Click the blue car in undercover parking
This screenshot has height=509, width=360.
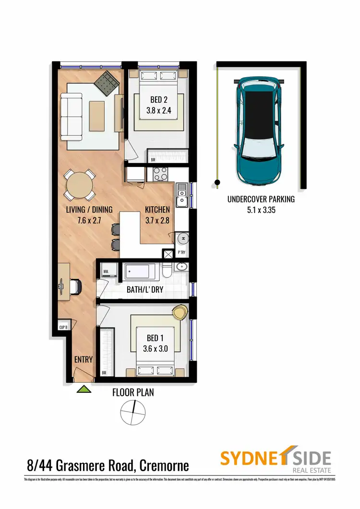tap(260, 131)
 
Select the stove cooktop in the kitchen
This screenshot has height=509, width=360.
tap(160, 175)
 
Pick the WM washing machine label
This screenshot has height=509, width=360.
tap(107, 272)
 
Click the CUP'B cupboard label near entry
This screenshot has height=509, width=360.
tap(64, 328)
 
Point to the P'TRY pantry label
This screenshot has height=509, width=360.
tap(182, 252)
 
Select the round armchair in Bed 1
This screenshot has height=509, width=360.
tap(180, 312)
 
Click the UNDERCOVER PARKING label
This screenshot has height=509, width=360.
tap(261, 199)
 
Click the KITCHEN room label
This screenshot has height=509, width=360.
tap(157, 209)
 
